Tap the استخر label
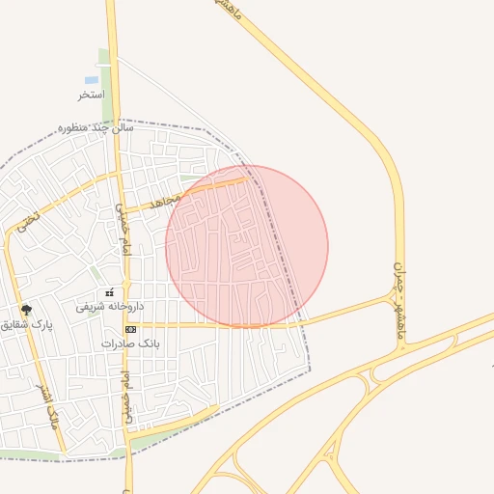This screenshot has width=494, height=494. [91, 96]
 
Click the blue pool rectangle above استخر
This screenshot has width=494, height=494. [91, 80]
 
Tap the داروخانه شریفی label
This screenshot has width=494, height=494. [110, 306]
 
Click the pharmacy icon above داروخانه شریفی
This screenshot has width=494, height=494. [110, 291]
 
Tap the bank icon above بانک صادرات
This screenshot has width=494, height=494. [131, 329]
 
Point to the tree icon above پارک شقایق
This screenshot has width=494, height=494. [26, 311]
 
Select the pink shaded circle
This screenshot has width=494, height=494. [247, 246]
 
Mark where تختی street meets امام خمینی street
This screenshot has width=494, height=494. [117, 175]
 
